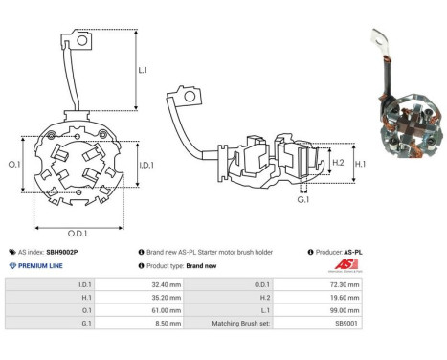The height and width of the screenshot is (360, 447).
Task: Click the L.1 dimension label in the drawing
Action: click(142, 71)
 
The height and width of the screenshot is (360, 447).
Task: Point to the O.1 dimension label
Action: click(14, 164)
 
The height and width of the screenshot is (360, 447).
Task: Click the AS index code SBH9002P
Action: click(62, 252)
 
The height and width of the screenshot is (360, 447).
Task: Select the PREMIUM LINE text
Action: click(41, 265)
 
